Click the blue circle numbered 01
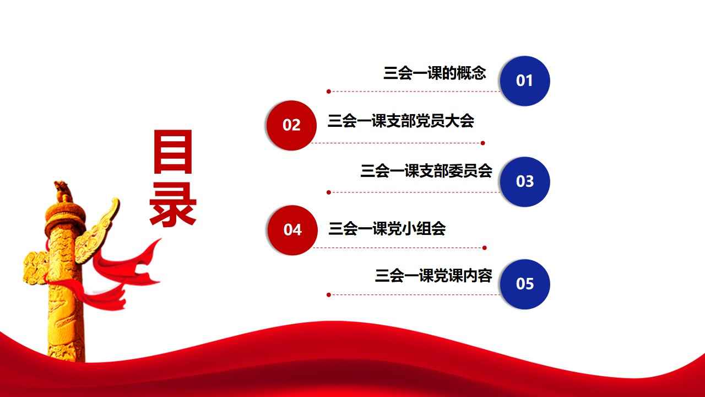point(525,81)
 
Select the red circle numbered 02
point(291,125)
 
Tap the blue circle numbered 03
point(525,181)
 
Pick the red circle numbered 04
point(292,230)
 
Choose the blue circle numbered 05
point(525,284)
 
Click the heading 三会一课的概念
point(435,73)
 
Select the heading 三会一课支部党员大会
point(400,121)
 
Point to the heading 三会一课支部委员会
point(426,170)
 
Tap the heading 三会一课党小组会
point(387,228)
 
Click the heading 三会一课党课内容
point(433,275)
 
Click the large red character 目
point(173,152)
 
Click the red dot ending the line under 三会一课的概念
point(329,92)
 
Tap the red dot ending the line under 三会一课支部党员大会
point(483,143)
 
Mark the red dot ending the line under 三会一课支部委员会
point(329,192)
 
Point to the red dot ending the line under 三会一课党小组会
point(484,248)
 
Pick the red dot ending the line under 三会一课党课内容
point(329,295)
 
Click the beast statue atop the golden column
point(63,191)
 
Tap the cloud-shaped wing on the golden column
point(97,230)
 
